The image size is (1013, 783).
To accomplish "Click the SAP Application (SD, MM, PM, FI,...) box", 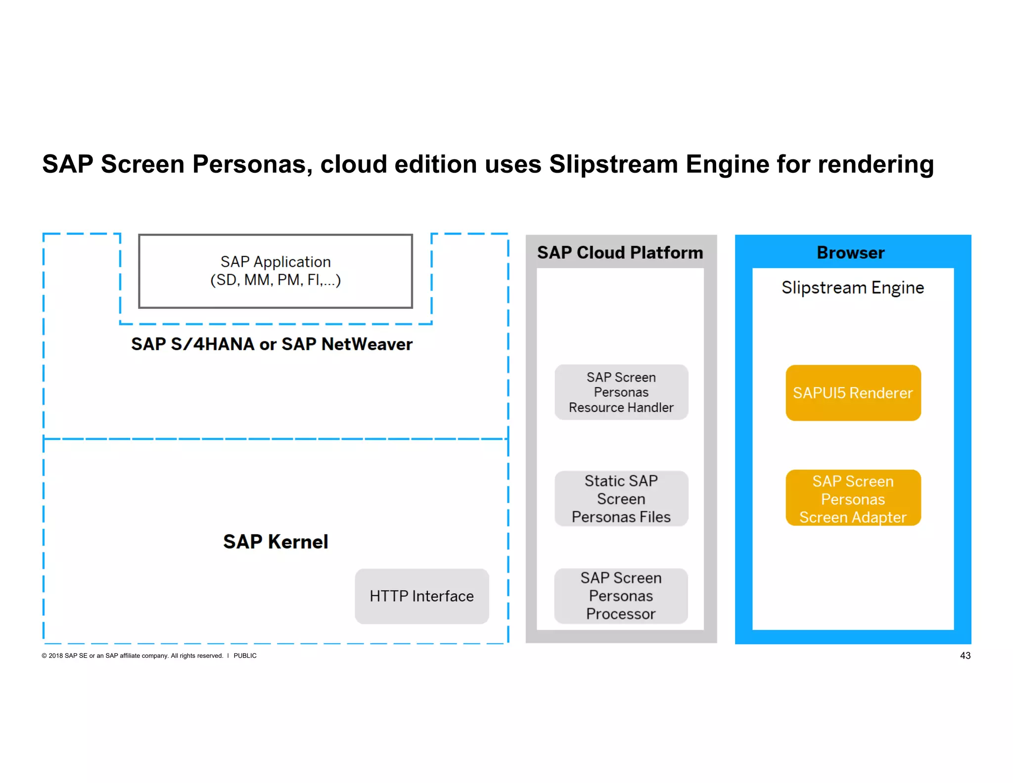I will coord(276,271).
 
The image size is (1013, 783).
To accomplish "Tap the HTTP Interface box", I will coord(421,596).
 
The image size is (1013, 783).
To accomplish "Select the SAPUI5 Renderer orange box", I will coord(853,393).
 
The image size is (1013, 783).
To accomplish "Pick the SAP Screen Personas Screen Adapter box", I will coord(853,498).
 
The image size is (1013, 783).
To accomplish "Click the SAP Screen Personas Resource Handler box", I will coord(621,392).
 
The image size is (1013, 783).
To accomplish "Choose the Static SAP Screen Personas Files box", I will coord(621,498).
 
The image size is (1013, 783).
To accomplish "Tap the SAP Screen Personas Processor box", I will coord(621,596).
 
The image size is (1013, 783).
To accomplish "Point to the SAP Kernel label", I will coord(276,541).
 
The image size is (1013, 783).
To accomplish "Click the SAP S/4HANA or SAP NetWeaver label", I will coord(272,344).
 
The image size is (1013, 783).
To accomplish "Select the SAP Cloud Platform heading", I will coord(620,253).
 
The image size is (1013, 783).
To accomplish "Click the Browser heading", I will coord(850,253).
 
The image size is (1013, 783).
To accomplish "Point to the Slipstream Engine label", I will coord(852,288).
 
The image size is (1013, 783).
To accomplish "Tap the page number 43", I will coord(965,655).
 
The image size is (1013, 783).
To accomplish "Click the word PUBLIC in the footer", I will coord(245,656).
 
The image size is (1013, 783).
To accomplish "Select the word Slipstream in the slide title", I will coord(613,164).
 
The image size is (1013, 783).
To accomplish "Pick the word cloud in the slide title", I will coord(353,164).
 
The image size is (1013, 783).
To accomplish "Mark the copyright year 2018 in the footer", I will coord(55,656).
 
